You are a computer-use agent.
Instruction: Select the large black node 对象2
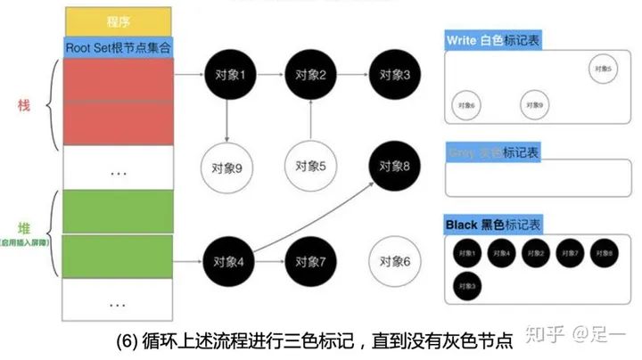[x=311, y=75]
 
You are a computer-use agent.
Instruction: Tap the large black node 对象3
[x=394, y=75]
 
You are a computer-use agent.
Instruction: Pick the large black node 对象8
[x=394, y=167]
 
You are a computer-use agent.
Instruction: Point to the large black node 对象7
[x=311, y=261]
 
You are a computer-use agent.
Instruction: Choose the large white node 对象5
[x=311, y=167]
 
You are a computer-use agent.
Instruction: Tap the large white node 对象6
[x=394, y=261]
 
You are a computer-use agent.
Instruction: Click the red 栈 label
[x=24, y=106]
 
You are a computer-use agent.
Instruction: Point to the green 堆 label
[x=24, y=228]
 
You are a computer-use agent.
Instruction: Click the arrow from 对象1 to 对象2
[x=269, y=75]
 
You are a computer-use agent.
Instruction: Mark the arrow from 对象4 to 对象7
[x=269, y=261]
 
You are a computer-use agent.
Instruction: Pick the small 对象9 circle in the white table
[x=533, y=104]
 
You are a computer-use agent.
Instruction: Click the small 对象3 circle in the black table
[x=465, y=286]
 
